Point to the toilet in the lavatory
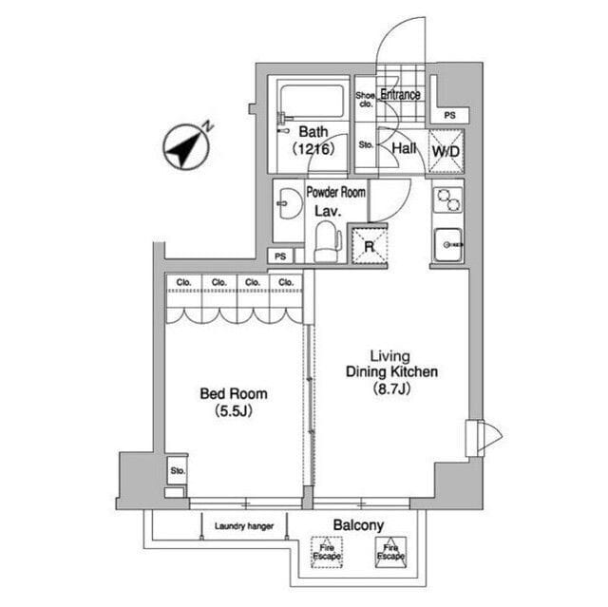pos(327,242)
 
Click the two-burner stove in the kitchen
pos(446,200)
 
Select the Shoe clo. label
pos(366,100)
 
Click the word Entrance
pos(400,94)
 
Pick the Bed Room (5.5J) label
pos(233,402)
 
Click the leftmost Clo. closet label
pos(184,282)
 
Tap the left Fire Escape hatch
pos(327,551)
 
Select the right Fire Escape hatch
pos(389,551)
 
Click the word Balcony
pos(358,524)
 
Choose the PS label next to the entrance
pos(449,116)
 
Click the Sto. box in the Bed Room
pos(177,470)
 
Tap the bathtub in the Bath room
pos(313,100)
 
